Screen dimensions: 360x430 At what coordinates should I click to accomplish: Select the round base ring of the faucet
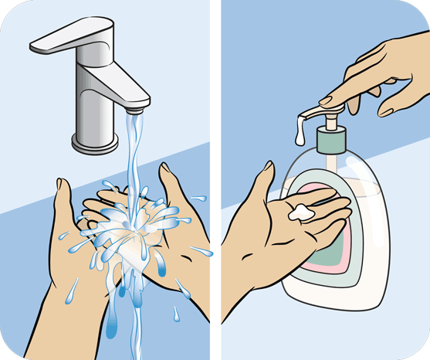click(96, 143)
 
